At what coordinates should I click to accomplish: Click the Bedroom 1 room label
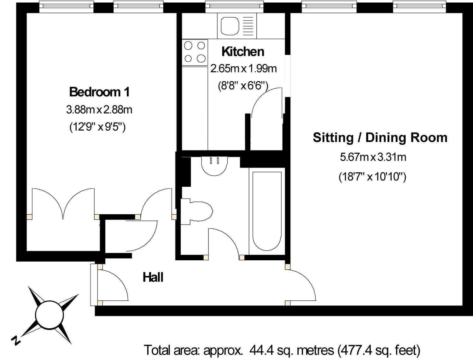tap(99, 92)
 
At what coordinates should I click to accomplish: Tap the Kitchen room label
tap(243, 52)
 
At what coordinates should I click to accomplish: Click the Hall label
tap(153, 277)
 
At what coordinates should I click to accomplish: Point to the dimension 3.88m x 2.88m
tap(99, 110)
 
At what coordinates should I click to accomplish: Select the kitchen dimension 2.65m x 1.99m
tap(243, 68)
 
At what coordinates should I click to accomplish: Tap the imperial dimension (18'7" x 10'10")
tap(373, 177)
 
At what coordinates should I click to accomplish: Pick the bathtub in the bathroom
tap(267, 211)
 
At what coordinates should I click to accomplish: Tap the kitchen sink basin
tap(230, 26)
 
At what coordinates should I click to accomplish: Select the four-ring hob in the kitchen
tap(195, 52)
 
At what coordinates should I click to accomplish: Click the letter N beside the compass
tap(16, 341)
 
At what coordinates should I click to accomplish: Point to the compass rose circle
tap(50, 315)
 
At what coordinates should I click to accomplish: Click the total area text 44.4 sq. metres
tap(292, 350)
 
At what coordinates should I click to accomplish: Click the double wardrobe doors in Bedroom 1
tap(63, 204)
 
